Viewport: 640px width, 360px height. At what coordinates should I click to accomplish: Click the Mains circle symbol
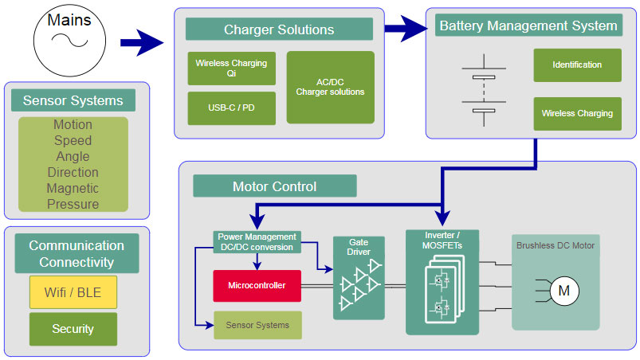(69, 41)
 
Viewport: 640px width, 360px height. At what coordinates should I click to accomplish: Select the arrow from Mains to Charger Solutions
(142, 42)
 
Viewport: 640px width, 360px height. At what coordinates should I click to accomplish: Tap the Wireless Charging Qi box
(231, 68)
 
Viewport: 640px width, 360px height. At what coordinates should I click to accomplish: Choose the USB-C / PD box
(231, 108)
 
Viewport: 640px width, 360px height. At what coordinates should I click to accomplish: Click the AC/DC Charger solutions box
(330, 88)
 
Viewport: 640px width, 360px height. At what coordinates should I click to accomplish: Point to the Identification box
(577, 65)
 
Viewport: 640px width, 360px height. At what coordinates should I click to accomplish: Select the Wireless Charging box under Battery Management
(577, 113)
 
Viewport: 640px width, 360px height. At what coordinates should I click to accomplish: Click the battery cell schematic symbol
(484, 90)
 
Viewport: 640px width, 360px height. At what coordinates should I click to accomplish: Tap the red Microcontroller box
(257, 286)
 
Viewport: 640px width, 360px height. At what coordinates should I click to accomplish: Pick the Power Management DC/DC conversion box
(257, 242)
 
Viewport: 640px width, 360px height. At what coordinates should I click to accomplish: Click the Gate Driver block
(359, 278)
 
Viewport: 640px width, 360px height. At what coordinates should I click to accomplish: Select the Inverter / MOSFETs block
(442, 282)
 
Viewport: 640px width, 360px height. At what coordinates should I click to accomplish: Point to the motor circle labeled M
(564, 291)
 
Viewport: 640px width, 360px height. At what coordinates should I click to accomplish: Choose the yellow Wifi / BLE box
(73, 292)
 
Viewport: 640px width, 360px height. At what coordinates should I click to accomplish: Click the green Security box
(73, 329)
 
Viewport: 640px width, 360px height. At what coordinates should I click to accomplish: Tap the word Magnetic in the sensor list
(73, 188)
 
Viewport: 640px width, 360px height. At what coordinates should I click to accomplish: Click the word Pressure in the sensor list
(73, 204)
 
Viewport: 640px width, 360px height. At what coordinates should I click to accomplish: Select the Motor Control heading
(275, 186)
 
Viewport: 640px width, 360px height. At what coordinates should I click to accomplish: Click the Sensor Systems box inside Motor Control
(257, 325)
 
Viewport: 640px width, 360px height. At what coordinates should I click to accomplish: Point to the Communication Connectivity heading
(77, 253)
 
